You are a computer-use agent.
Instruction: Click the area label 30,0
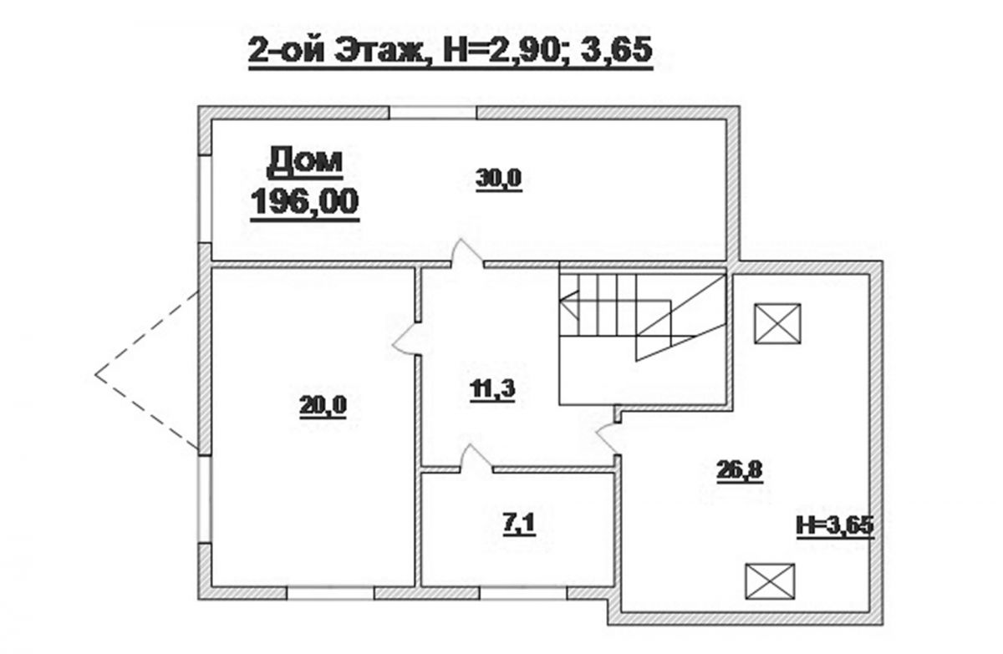pos(498,180)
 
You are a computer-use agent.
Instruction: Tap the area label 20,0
pos(323,406)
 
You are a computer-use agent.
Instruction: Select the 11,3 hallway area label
pos(492,389)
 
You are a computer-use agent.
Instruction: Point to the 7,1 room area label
pos(519,525)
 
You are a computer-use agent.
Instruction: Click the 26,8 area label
pos(740,471)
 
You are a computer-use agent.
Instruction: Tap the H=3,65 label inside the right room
pos(835,526)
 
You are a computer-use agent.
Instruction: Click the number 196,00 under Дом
pos(304,202)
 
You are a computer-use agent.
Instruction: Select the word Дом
pos(304,162)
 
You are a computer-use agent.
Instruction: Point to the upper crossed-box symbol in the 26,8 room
pos(777,323)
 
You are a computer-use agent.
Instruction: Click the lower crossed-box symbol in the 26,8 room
pos(770,581)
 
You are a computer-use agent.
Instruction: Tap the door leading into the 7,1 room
pos(476,459)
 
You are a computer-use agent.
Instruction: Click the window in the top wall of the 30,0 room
pos(433,112)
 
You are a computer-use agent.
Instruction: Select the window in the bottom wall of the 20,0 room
pos(330,593)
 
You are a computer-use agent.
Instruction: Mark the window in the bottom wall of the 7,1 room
pos(523,593)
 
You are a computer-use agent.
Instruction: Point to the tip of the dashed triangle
pos(95,374)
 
